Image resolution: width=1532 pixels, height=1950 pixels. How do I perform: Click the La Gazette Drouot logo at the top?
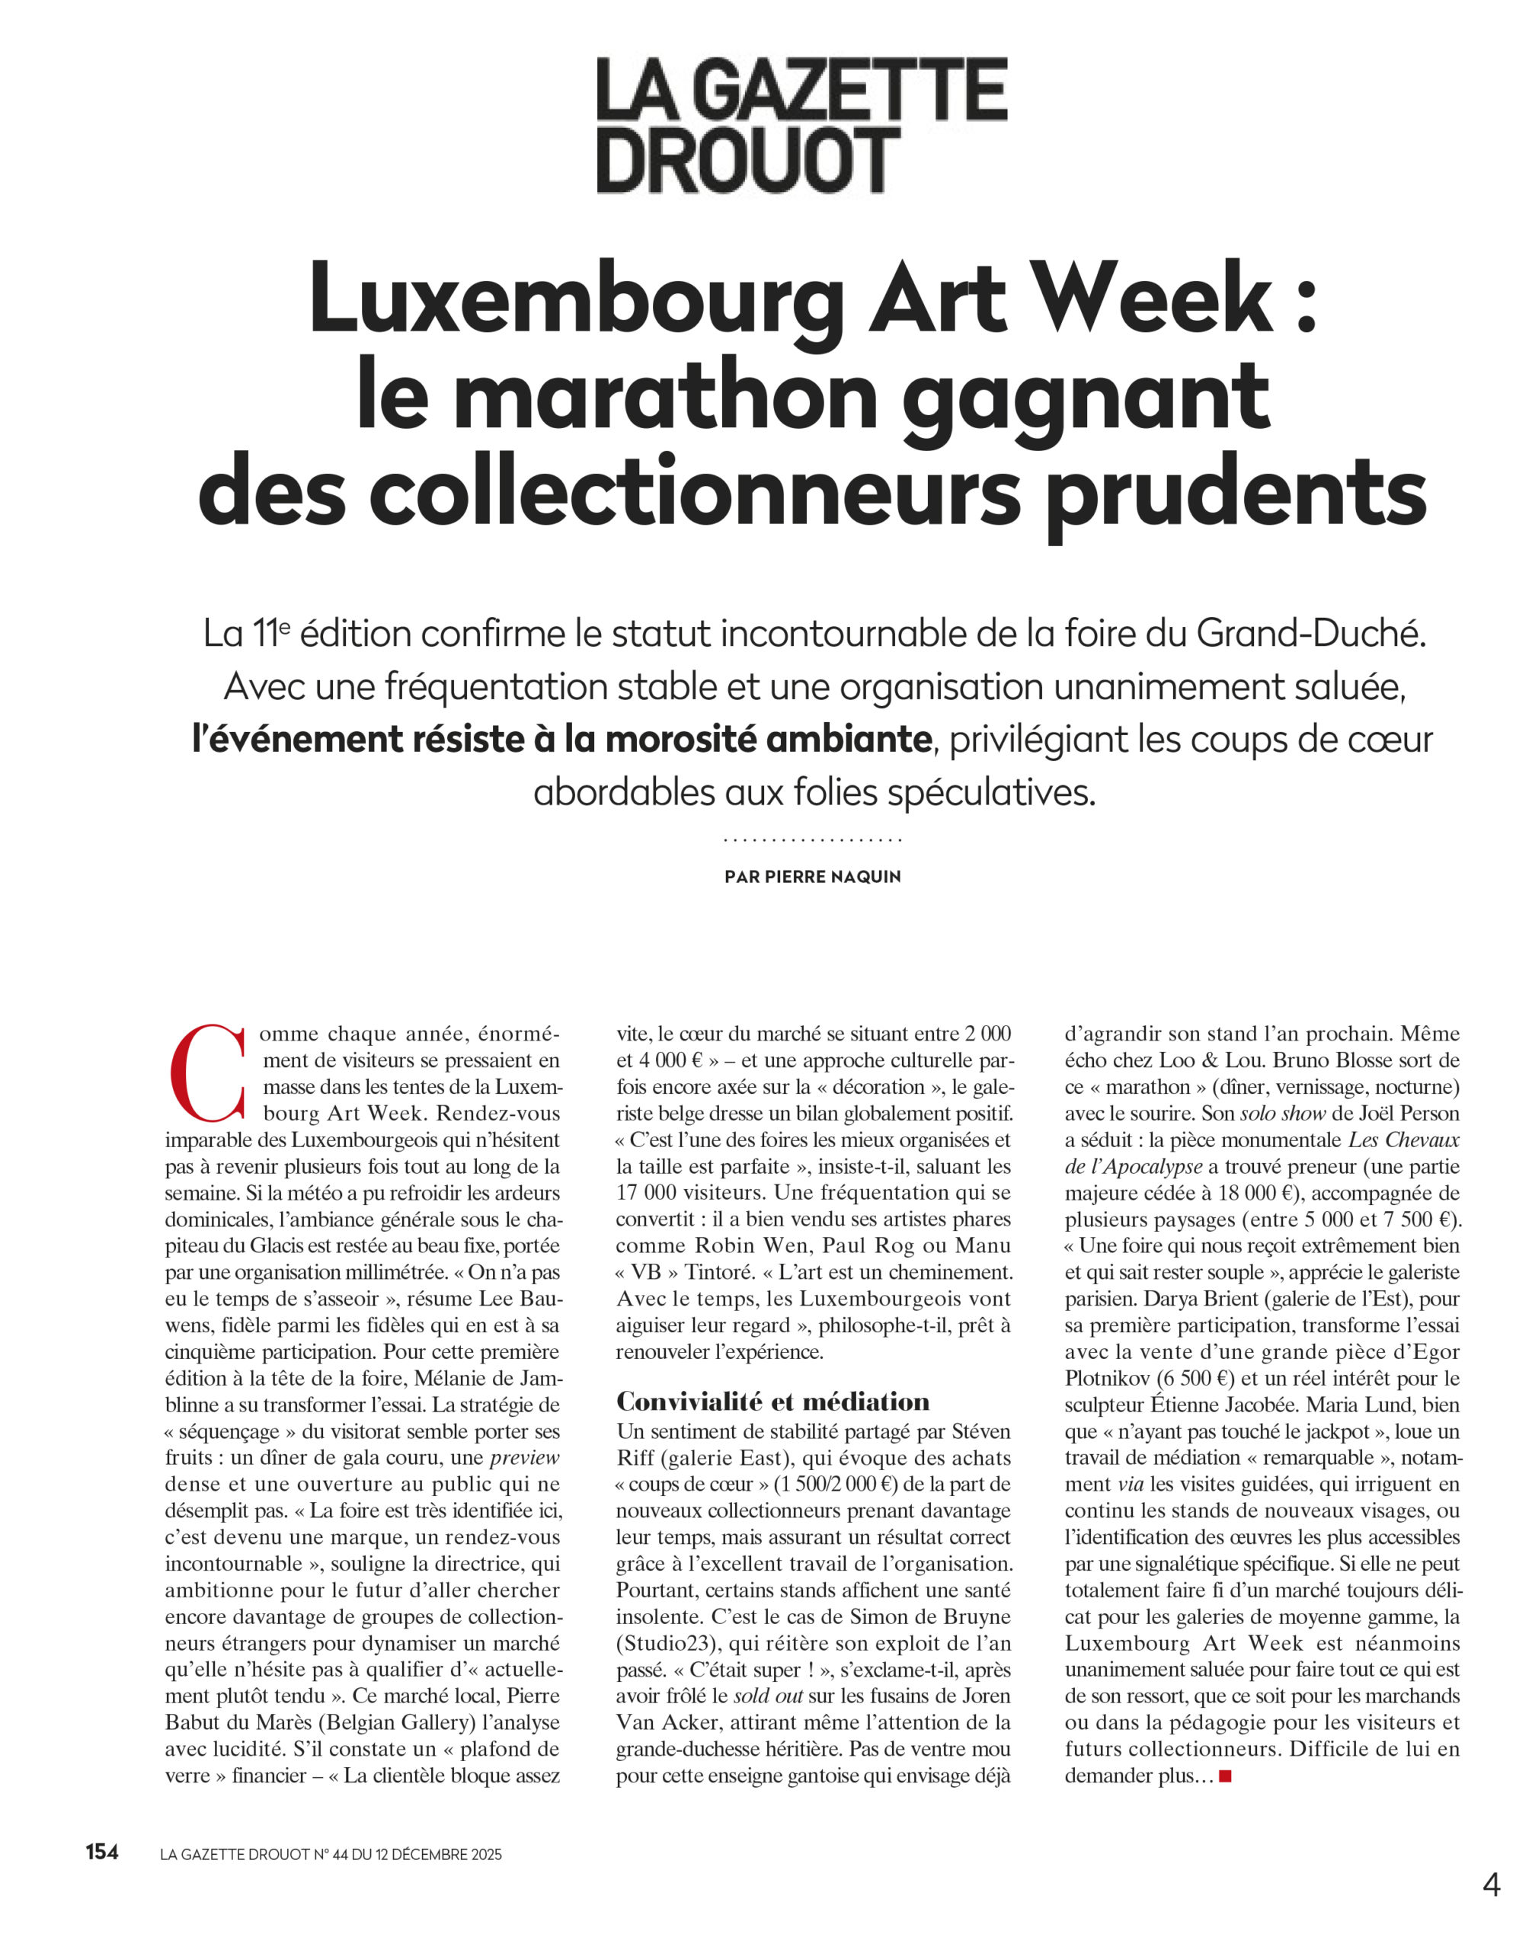click(x=802, y=124)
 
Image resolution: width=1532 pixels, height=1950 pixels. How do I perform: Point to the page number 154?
click(x=102, y=1850)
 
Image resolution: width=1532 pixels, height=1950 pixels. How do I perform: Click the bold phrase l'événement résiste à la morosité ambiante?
click(x=561, y=739)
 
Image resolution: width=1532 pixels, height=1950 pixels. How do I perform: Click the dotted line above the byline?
click(x=813, y=840)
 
